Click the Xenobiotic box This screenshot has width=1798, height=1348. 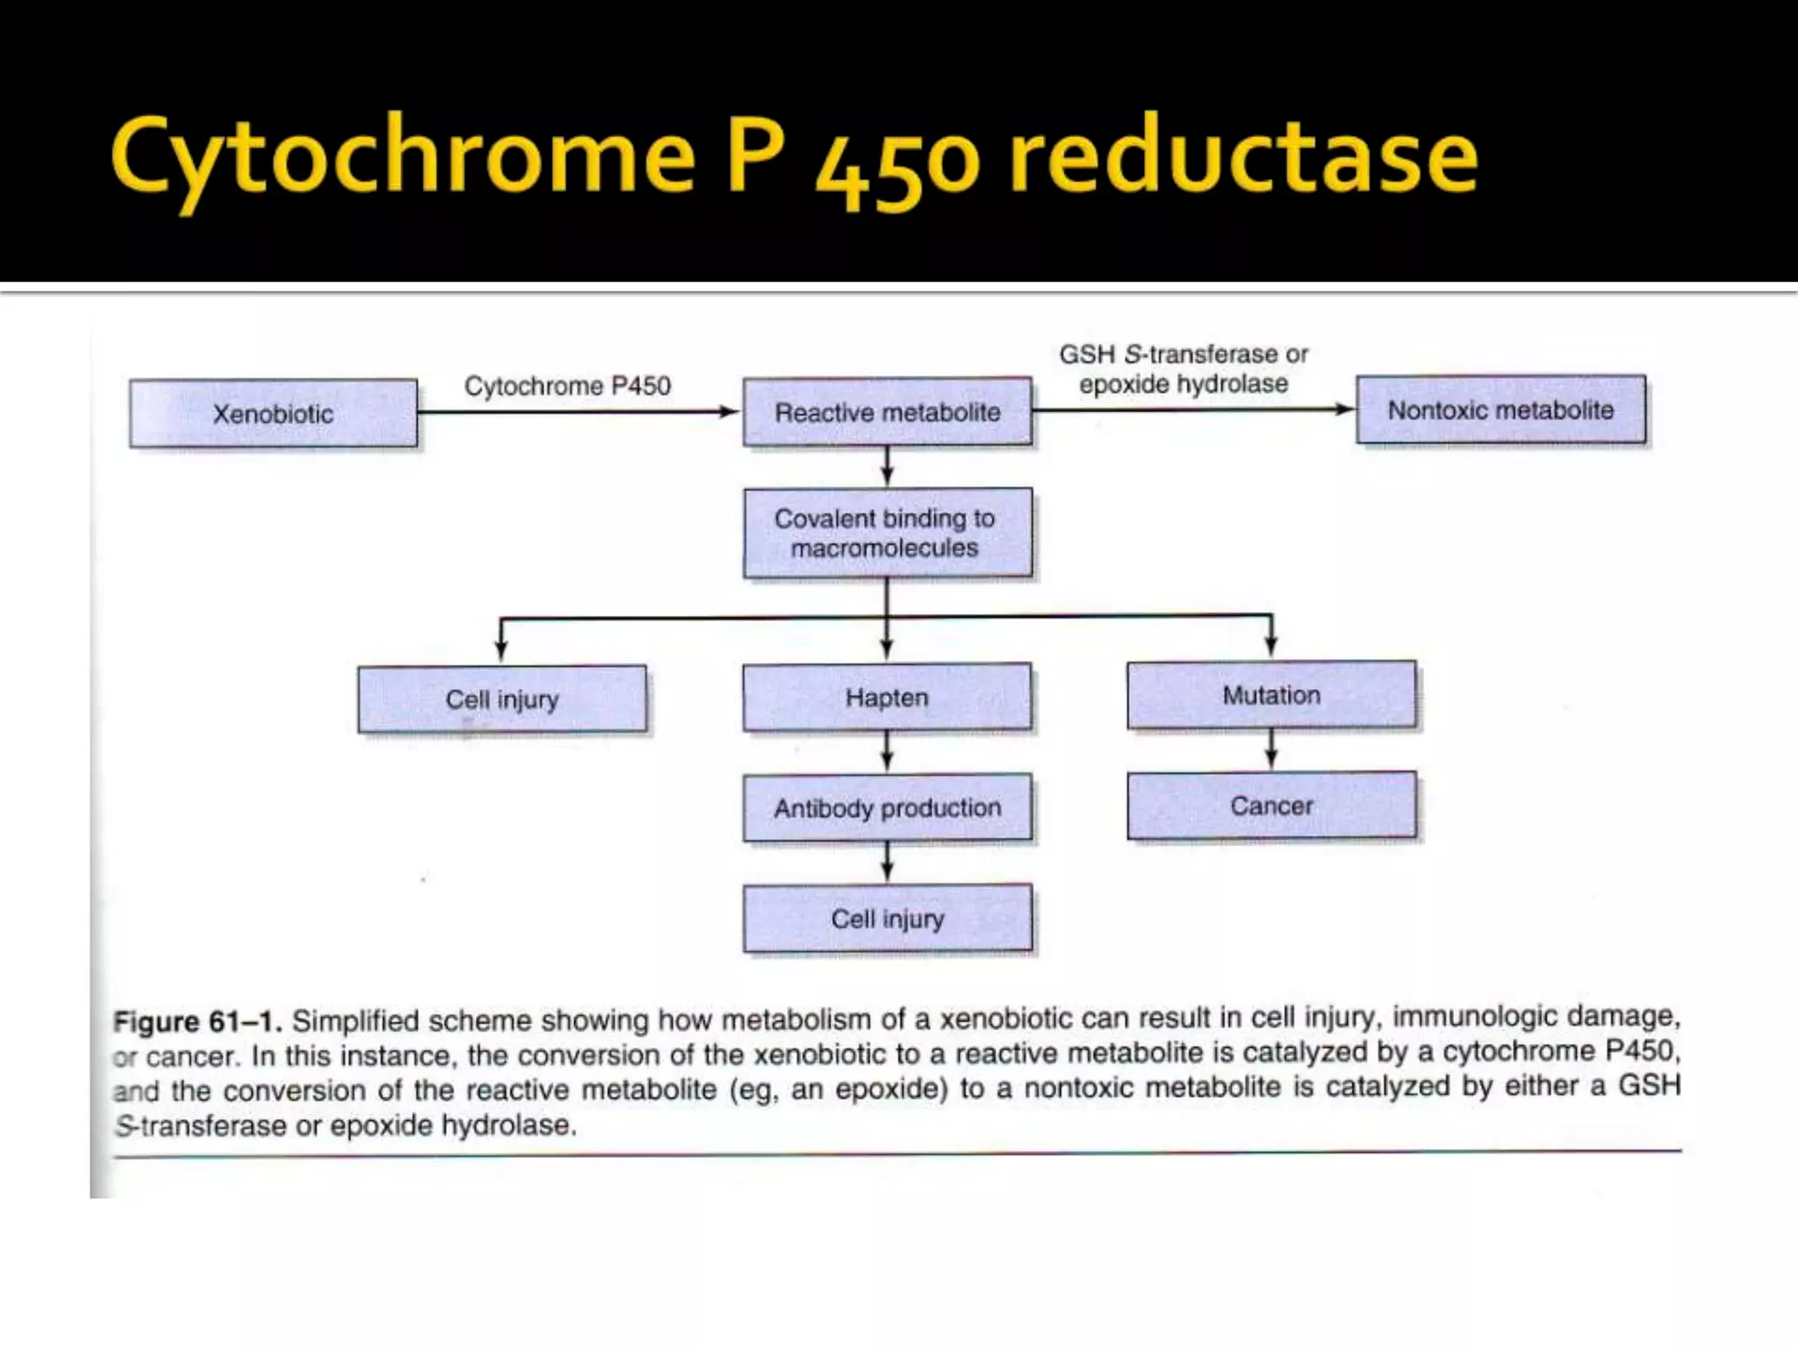click(273, 413)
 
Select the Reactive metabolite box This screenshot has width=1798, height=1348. click(887, 412)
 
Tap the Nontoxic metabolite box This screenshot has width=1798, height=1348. click(1500, 410)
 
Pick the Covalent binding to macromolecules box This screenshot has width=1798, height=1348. click(887, 533)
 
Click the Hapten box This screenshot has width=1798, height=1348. click(887, 698)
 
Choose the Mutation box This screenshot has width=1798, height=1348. click(1271, 695)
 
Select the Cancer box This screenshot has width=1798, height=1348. click(1271, 806)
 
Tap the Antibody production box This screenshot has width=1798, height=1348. click(887, 807)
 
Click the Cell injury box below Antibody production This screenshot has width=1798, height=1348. click(887, 919)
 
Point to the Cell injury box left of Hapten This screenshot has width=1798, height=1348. click(502, 699)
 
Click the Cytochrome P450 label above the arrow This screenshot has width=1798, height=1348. click(567, 385)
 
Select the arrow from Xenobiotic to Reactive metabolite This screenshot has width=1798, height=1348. click(579, 412)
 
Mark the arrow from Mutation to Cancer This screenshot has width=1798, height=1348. click(1271, 749)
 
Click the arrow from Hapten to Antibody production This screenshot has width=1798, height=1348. click(887, 751)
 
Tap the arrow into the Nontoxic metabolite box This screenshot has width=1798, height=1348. click(1194, 409)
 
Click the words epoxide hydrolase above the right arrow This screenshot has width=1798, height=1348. click(1183, 384)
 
